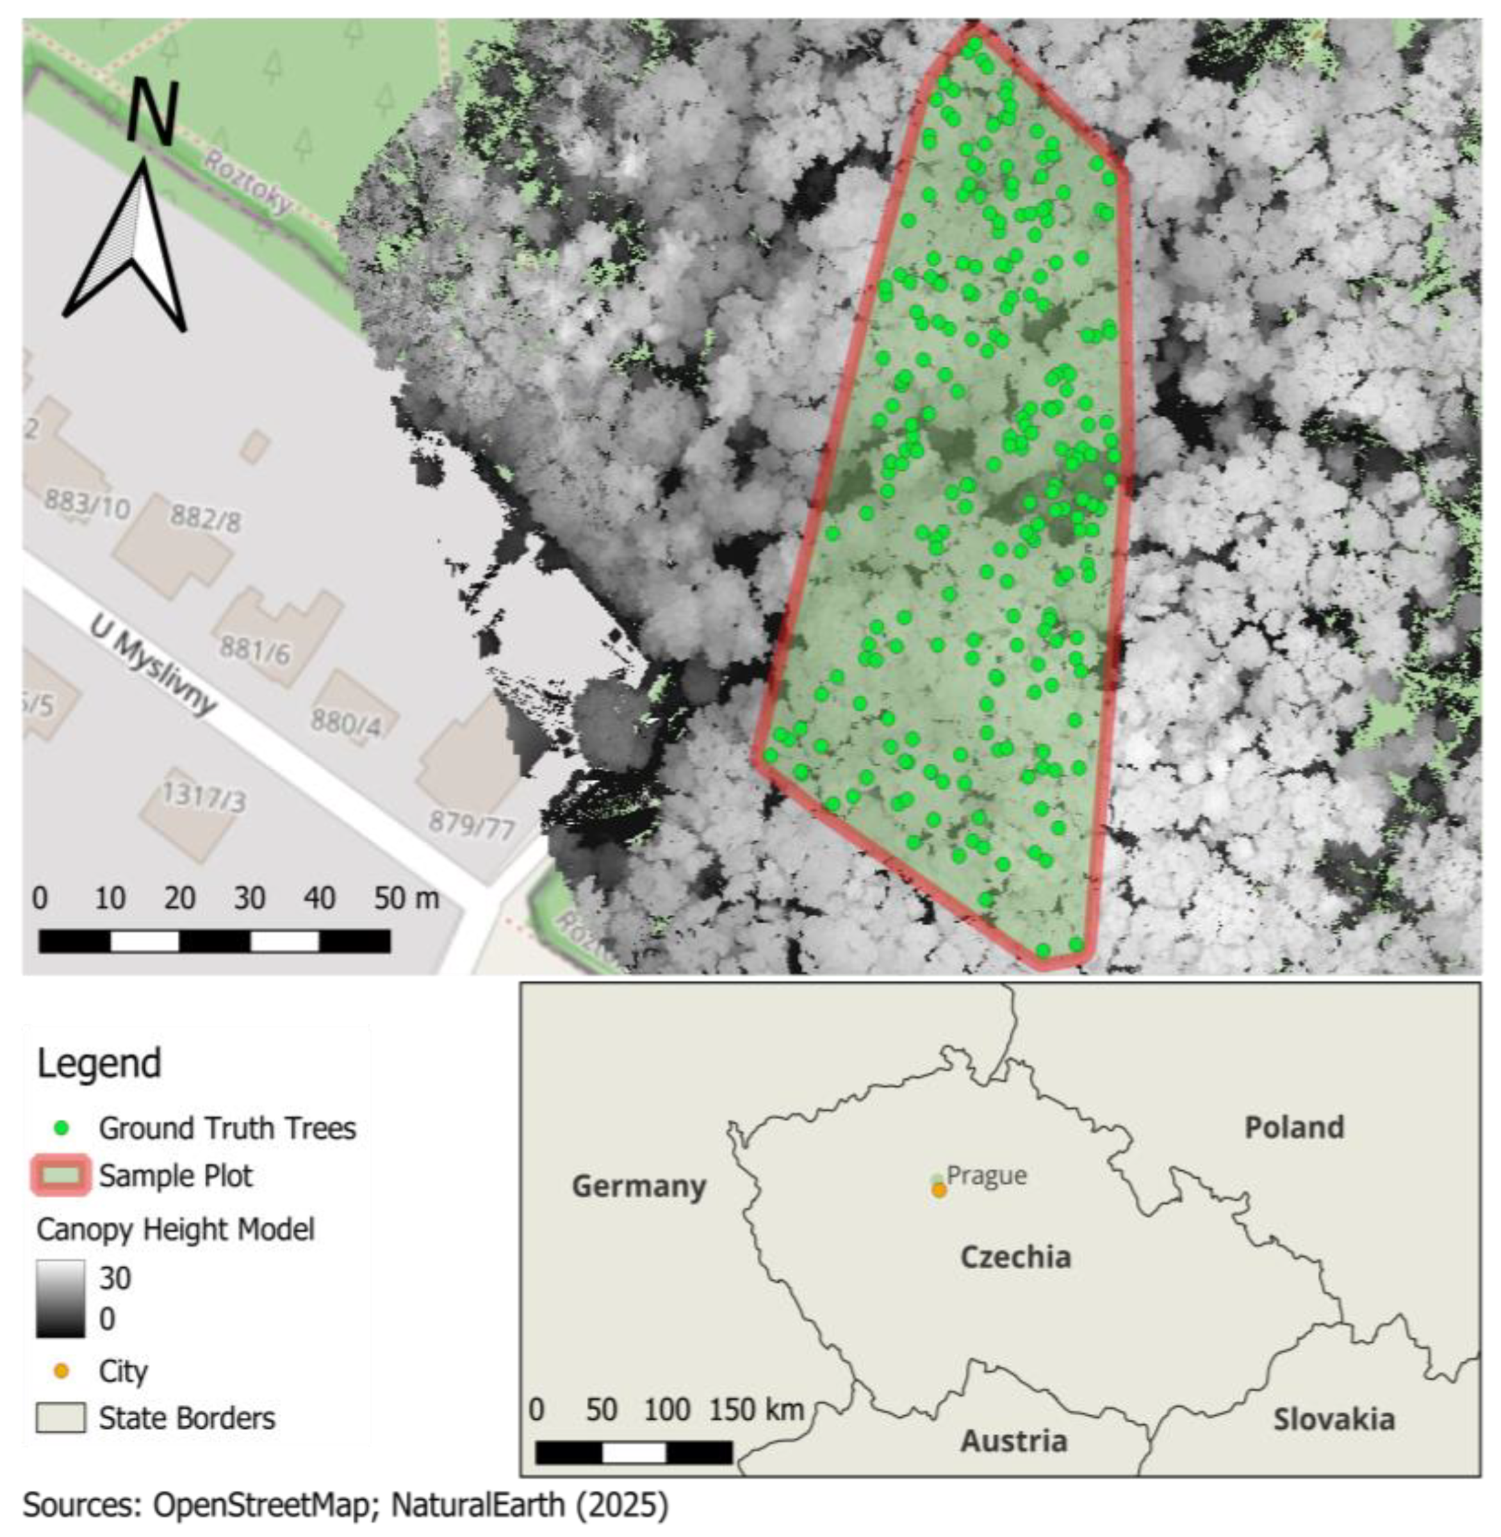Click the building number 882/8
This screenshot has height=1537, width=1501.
206,518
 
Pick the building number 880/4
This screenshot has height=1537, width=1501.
345,721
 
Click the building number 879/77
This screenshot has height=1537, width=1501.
472,825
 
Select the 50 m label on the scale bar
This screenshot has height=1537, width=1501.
406,898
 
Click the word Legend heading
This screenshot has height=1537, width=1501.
99,1064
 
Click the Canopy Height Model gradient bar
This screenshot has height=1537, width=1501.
60,1297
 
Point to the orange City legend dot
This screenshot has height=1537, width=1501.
62,1372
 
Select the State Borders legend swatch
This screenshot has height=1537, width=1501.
60,1418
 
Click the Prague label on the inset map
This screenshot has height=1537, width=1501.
986,1175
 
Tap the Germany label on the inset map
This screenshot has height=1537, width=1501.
639,1187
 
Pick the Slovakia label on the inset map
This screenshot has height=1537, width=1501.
1334,1420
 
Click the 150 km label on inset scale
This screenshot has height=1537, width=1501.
757,1410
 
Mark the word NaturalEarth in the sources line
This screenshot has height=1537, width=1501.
478,1505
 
